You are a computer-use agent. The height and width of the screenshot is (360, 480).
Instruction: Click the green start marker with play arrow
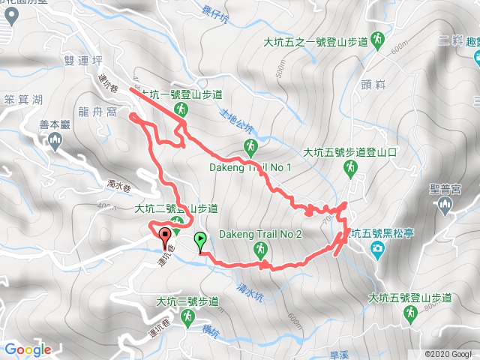click(200, 241)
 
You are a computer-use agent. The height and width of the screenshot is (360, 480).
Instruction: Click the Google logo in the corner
click(28, 349)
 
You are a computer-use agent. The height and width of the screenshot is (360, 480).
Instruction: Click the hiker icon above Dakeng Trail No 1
click(250, 146)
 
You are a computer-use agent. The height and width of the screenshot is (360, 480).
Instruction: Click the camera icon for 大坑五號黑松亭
click(378, 247)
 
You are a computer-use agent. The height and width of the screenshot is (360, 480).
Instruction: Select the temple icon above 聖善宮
click(448, 206)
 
